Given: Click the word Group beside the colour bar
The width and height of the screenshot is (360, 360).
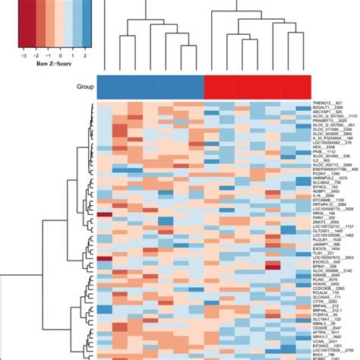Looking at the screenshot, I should pos(85,87).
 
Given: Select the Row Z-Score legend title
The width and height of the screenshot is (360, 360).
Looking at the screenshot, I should pos(52,65).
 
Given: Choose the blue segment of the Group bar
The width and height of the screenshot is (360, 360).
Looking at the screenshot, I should pos(152,87).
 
